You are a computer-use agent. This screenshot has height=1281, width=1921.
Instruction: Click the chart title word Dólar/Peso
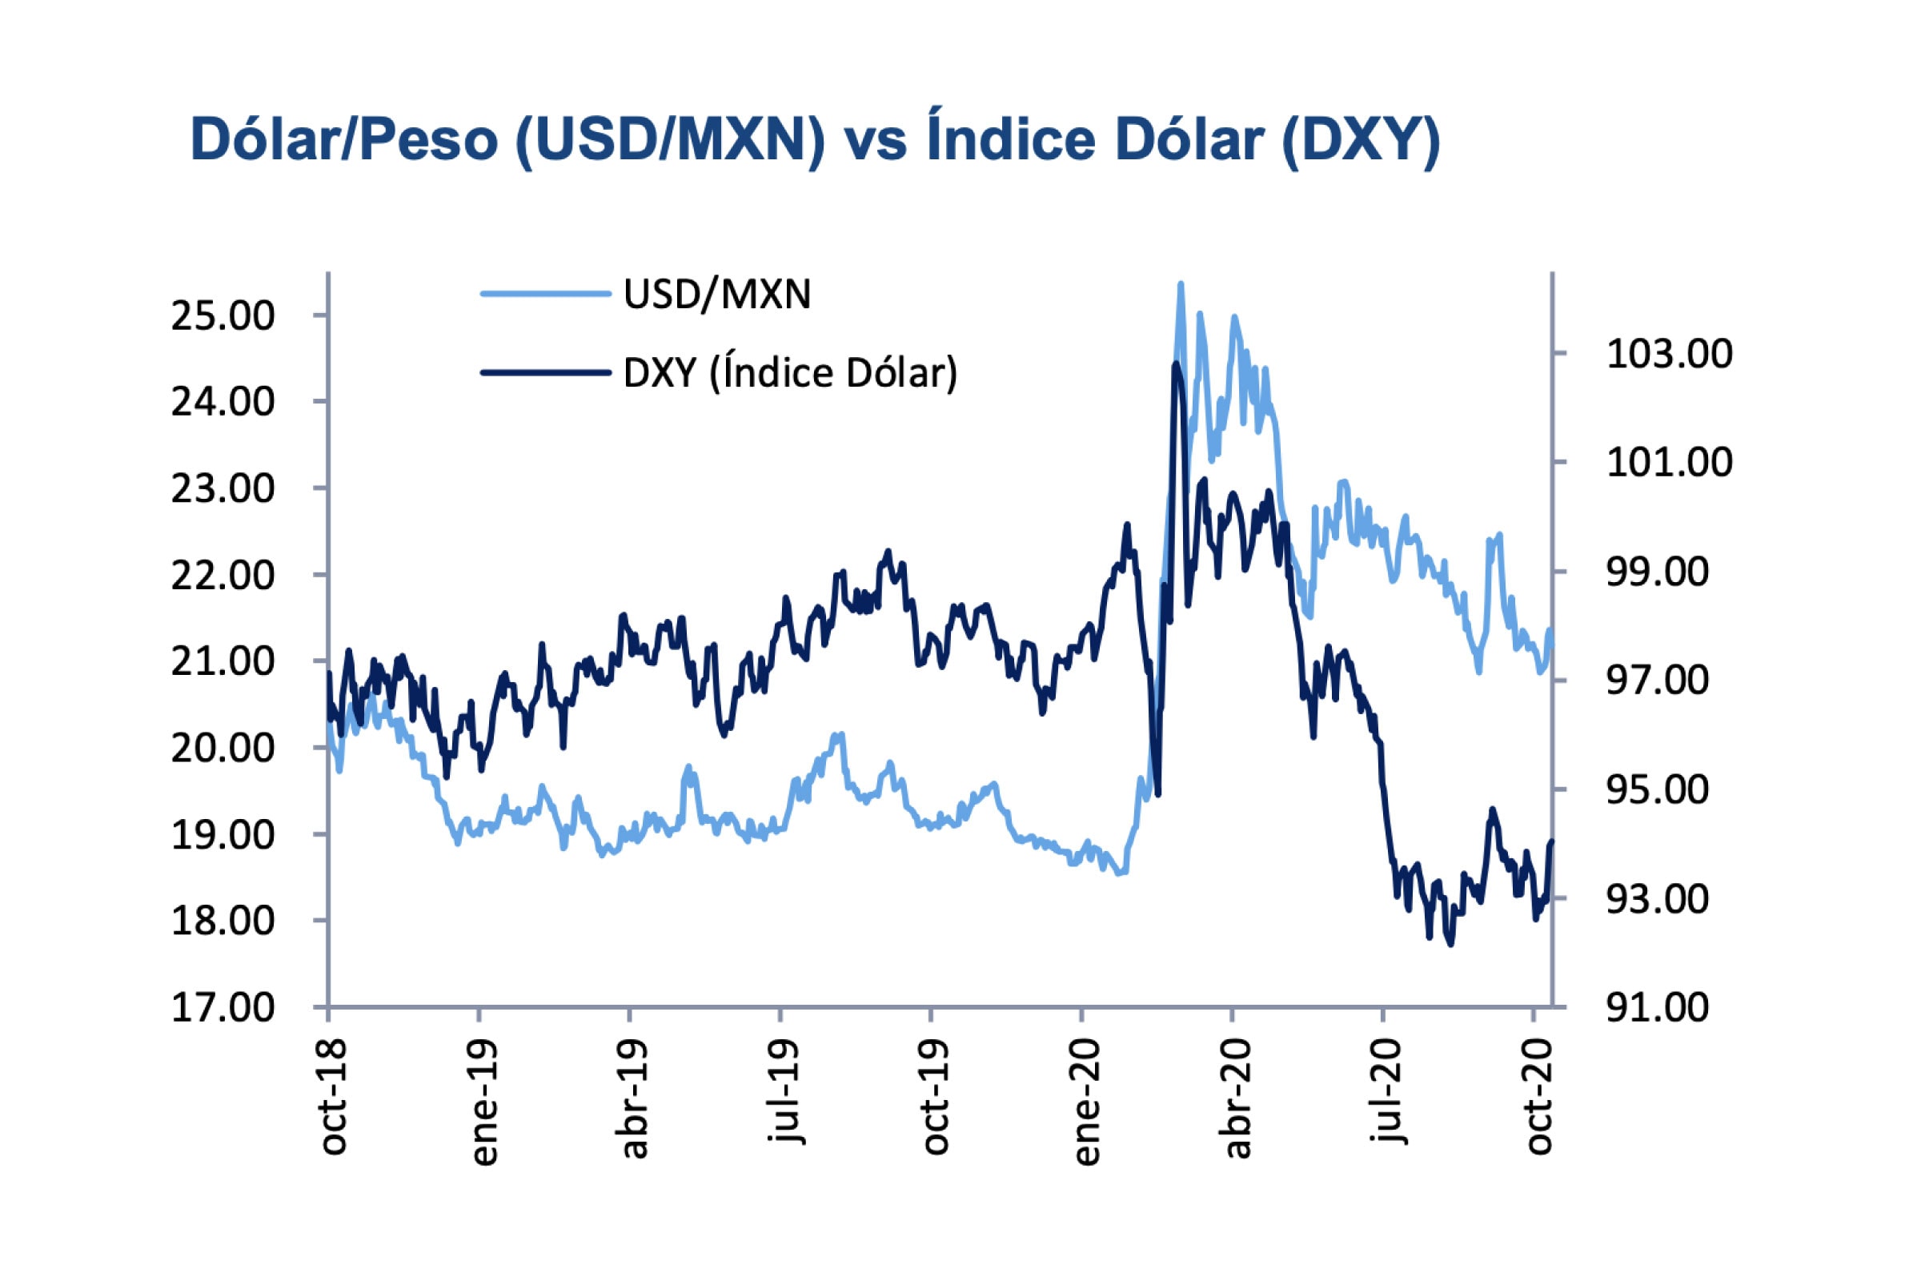(344, 141)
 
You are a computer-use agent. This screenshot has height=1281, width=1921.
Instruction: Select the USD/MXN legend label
(717, 294)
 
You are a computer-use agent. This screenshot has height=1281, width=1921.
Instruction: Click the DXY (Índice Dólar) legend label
(790, 373)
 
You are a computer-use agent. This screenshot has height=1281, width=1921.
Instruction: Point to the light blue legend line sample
(546, 294)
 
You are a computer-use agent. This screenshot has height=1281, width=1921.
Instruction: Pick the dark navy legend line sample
(546, 373)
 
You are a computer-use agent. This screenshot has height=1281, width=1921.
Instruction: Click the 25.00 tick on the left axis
(223, 316)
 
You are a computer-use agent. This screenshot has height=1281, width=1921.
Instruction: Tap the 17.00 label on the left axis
(223, 1008)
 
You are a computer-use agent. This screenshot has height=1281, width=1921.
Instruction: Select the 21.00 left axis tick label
(223, 662)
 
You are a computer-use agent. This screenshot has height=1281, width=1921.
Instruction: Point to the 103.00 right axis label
(1669, 355)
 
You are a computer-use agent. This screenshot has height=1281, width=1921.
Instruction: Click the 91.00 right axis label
(1657, 1008)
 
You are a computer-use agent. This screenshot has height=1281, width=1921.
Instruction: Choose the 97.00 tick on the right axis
(1657, 681)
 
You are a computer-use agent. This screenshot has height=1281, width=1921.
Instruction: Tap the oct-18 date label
(333, 1096)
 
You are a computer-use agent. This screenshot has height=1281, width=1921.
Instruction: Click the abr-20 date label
(1237, 1098)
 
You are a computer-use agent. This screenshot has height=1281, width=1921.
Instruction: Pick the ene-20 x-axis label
(1087, 1102)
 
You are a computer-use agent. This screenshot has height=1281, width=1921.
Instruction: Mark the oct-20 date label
(1538, 1096)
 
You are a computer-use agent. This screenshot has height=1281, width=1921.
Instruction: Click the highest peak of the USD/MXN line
(1180, 285)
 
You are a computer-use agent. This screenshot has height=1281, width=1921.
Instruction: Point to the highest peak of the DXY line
(1175, 364)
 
